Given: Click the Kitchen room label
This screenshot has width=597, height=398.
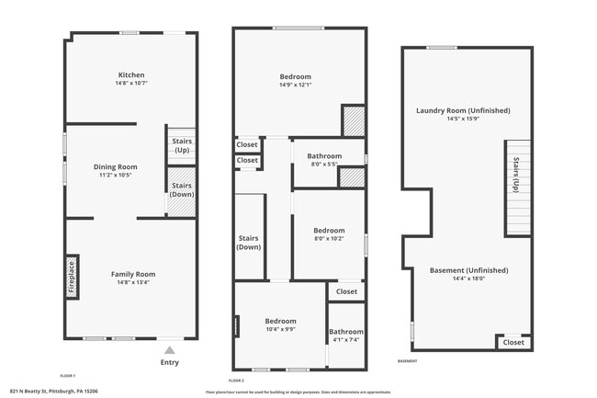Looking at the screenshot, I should (131, 75).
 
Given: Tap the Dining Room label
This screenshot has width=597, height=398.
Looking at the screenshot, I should (116, 166).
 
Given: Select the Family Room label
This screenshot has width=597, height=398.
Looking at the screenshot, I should (133, 274).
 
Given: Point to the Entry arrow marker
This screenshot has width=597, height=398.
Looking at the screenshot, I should (168, 350).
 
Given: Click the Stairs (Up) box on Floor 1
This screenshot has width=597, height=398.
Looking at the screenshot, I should (182, 144).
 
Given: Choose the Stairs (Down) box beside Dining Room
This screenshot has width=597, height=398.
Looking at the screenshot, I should (182, 189).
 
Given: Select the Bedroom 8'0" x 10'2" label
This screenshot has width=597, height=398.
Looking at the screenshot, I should (329, 231).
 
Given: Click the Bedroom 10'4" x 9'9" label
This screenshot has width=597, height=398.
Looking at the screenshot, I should (281, 321).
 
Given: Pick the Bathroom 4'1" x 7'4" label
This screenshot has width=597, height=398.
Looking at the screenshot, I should (346, 332).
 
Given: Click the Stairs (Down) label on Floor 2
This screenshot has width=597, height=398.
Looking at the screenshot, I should (249, 243).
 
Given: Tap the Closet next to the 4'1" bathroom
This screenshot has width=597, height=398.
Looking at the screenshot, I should (346, 291).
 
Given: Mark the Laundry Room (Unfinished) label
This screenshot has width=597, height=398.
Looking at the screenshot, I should (463, 110).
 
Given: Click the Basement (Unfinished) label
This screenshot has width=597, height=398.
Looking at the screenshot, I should (468, 270).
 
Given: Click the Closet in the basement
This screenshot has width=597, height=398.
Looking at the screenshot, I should (513, 342).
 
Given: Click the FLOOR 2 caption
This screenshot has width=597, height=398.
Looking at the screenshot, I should (237, 380).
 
